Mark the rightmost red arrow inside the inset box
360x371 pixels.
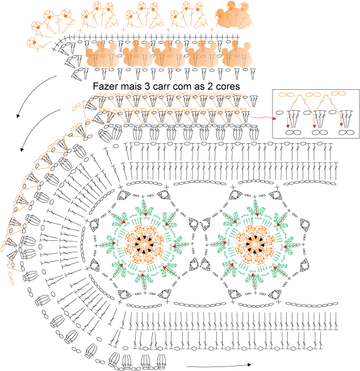(341, 120)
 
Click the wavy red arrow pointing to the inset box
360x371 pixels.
(263, 118)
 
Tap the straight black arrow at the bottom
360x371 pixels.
(219, 365)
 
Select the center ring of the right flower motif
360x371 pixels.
(255, 244)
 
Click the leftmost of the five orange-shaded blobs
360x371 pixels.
(102, 55)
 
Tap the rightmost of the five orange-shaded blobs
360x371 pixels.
(237, 55)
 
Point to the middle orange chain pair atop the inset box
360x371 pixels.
(313, 95)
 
